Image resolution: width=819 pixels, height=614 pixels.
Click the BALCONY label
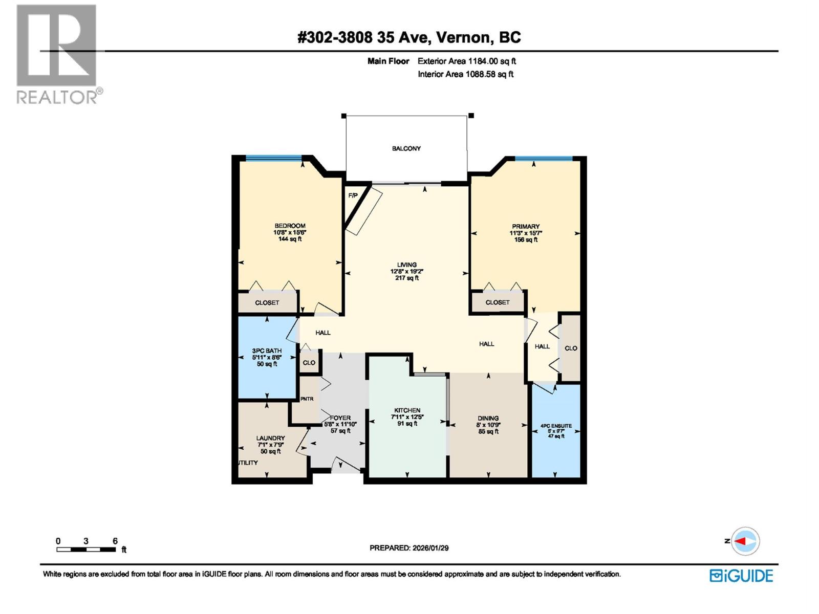(406, 148)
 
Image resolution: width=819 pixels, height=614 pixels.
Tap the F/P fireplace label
(353, 195)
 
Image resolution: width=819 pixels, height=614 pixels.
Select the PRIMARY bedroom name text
(526, 226)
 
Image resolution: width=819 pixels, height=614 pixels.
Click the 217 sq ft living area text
(407, 278)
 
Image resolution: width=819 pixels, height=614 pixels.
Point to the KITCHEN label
(407, 410)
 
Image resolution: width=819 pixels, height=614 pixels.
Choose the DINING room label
(488, 418)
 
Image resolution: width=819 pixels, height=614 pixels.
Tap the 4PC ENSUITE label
(556, 426)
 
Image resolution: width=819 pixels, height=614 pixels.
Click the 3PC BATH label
(267, 351)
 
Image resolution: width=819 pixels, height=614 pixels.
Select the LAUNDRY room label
(270, 438)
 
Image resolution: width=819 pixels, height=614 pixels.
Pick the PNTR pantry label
(307, 399)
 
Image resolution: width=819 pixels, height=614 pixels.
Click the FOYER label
(340, 418)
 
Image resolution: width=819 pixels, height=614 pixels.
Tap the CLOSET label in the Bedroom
(267, 303)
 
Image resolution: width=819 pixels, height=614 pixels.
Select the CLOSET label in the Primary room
(498, 302)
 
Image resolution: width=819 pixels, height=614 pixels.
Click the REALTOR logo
(56, 54)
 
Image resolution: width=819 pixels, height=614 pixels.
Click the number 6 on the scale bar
(115, 541)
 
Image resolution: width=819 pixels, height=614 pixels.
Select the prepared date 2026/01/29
(430, 548)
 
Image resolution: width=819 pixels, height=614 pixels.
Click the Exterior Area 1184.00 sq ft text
(466, 61)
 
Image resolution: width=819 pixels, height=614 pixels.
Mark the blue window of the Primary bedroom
(544, 159)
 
